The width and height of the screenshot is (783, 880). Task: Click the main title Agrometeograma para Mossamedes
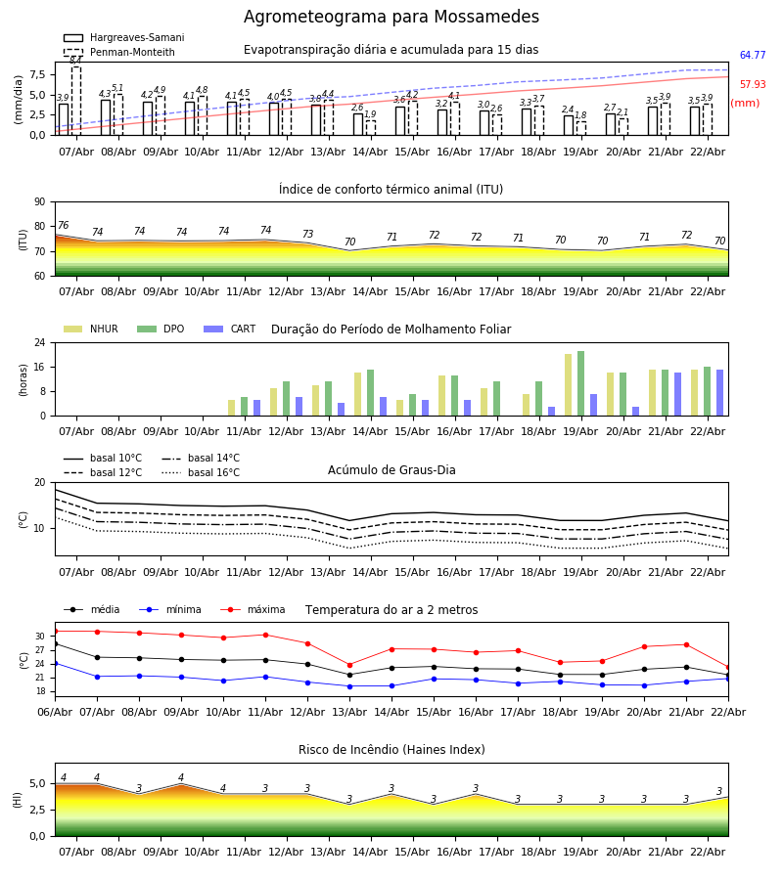tap(391, 18)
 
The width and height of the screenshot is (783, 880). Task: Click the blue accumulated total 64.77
tap(753, 56)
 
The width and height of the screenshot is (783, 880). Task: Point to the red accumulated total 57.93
tap(753, 85)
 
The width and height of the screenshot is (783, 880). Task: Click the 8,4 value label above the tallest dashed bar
tap(75, 61)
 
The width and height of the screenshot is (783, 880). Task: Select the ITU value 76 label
tap(63, 226)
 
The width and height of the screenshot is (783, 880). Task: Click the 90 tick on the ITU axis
tap(39, 201)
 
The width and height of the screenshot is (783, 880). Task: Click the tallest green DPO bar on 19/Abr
tap(580, 383)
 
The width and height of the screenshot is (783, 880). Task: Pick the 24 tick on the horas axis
tap(39, 343)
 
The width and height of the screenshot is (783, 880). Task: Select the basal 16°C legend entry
tap(213, 473)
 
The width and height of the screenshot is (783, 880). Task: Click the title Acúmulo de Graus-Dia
tap(391, 470)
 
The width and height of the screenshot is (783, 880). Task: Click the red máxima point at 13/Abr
tap(349, 665)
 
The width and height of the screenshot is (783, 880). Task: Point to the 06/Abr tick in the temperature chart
tap(55, 712)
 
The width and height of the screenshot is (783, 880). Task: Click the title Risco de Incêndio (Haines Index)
tap(391, 750)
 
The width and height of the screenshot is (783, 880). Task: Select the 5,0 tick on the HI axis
tap(37, 783)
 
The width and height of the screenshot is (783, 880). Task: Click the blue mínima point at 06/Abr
tap(55, 663)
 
